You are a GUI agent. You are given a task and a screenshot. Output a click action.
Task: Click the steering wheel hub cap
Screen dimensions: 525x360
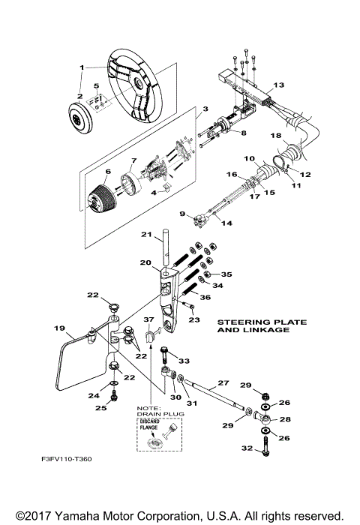[78, 118]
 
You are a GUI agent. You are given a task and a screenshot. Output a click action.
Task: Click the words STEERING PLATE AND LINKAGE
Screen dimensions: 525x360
[262, 325]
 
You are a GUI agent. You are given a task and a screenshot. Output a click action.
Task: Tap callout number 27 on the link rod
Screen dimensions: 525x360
[223, 382]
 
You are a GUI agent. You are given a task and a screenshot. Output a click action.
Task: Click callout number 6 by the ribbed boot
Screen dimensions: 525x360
[107, 172]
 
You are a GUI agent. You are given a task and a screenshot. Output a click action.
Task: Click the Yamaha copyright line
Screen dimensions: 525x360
[180, 515]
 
